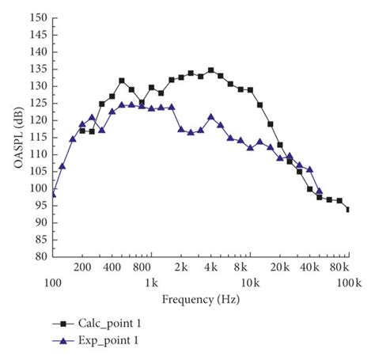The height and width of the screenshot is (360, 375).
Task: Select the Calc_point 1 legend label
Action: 112,324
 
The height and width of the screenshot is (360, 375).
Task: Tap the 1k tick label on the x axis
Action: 151,282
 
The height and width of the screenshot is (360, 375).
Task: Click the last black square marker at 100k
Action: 347,210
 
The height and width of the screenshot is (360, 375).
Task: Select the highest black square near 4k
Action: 210,70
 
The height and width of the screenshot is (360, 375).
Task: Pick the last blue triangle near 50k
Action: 319,191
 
